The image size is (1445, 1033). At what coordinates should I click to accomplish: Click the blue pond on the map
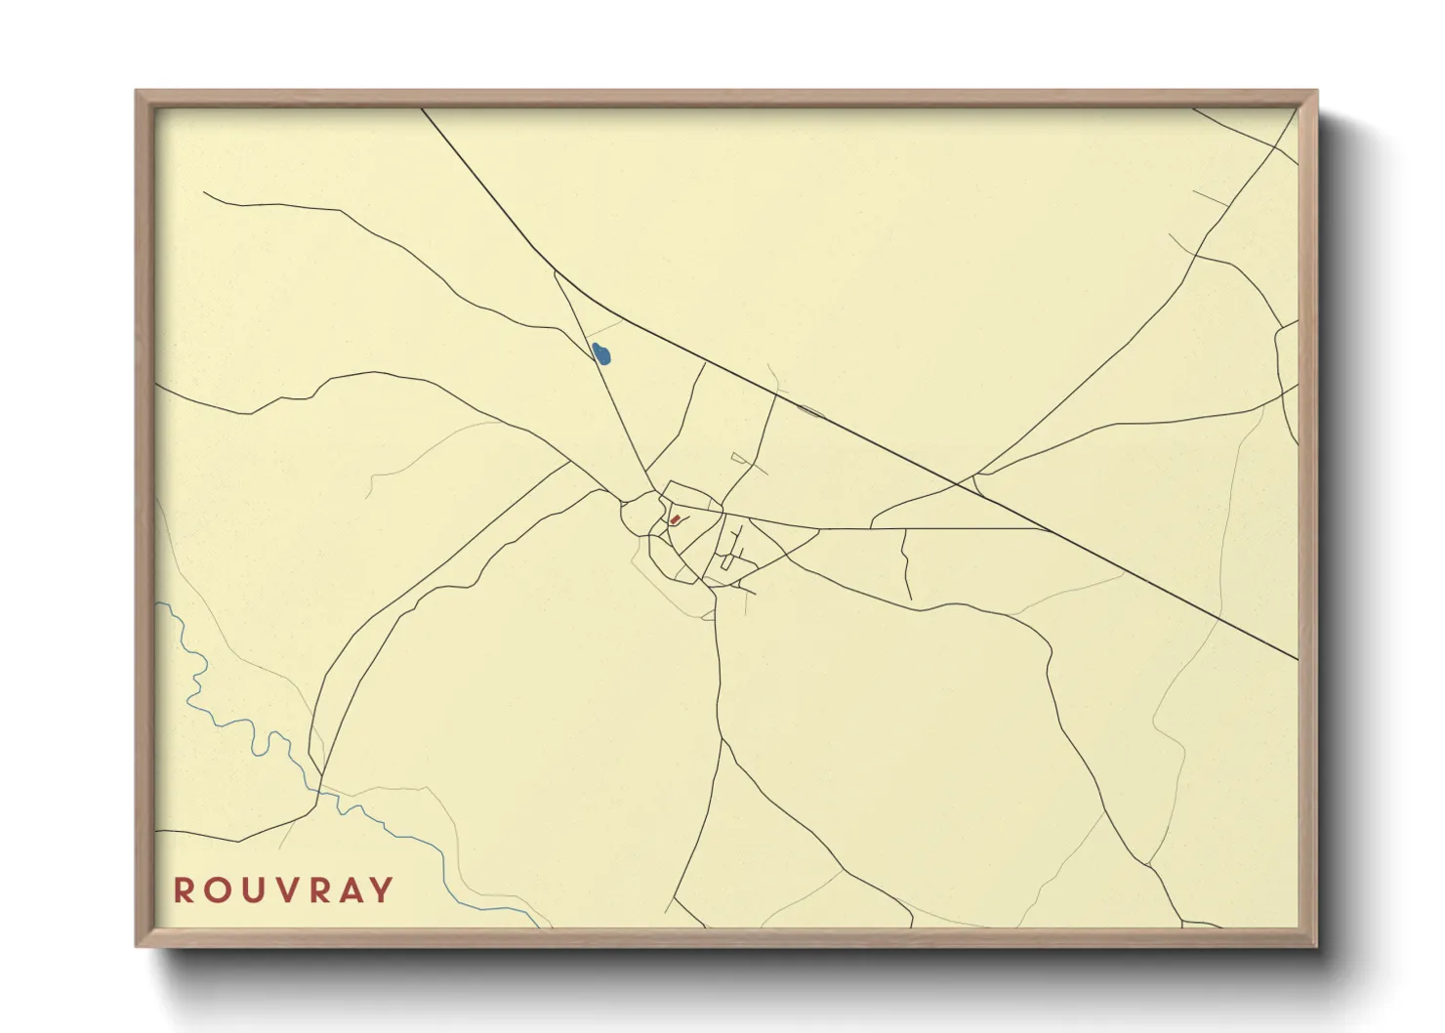coord(601,353)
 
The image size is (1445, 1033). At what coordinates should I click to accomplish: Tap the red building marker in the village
coord(674,519)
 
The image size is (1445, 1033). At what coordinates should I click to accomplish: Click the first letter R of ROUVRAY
coord(183,890)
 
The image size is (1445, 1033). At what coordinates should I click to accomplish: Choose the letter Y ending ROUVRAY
coord(383,890)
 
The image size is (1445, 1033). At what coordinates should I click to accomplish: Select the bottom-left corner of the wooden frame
coord(138,944)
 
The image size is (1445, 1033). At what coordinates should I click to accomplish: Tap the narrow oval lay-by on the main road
coord(811,411)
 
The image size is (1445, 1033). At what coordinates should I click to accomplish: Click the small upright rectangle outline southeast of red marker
coord(725,562)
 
